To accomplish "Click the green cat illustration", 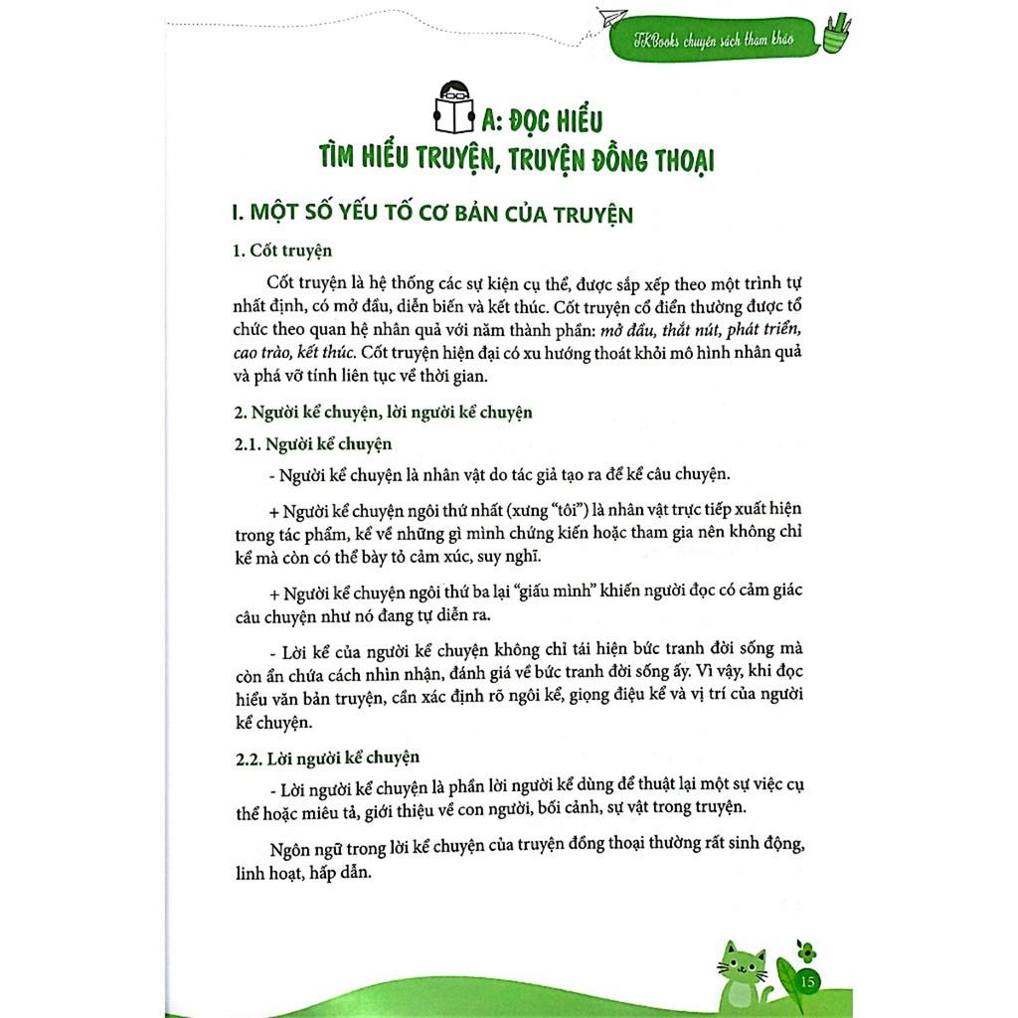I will coord(743,973).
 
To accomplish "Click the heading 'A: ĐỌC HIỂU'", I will coord(542,121).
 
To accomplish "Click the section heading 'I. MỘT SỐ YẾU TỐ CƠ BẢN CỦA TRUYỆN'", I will coord(430,214).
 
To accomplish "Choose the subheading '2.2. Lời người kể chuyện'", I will coord(313,758).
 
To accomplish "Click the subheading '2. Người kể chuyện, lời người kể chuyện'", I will coord(383,412).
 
